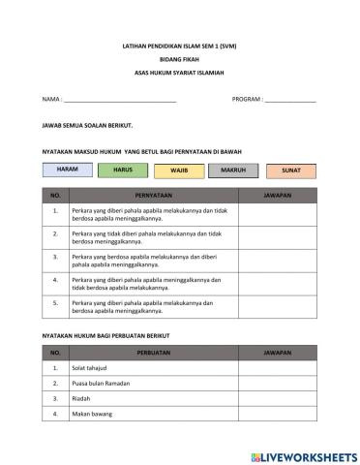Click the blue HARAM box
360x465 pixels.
(67, 169)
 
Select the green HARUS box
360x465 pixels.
(123, 170)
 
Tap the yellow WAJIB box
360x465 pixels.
(179, 170)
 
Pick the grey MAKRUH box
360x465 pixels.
(233, 170)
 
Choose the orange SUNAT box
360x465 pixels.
(290, 170)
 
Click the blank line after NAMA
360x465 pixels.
(121, 100)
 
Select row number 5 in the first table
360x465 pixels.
(56, 305)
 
